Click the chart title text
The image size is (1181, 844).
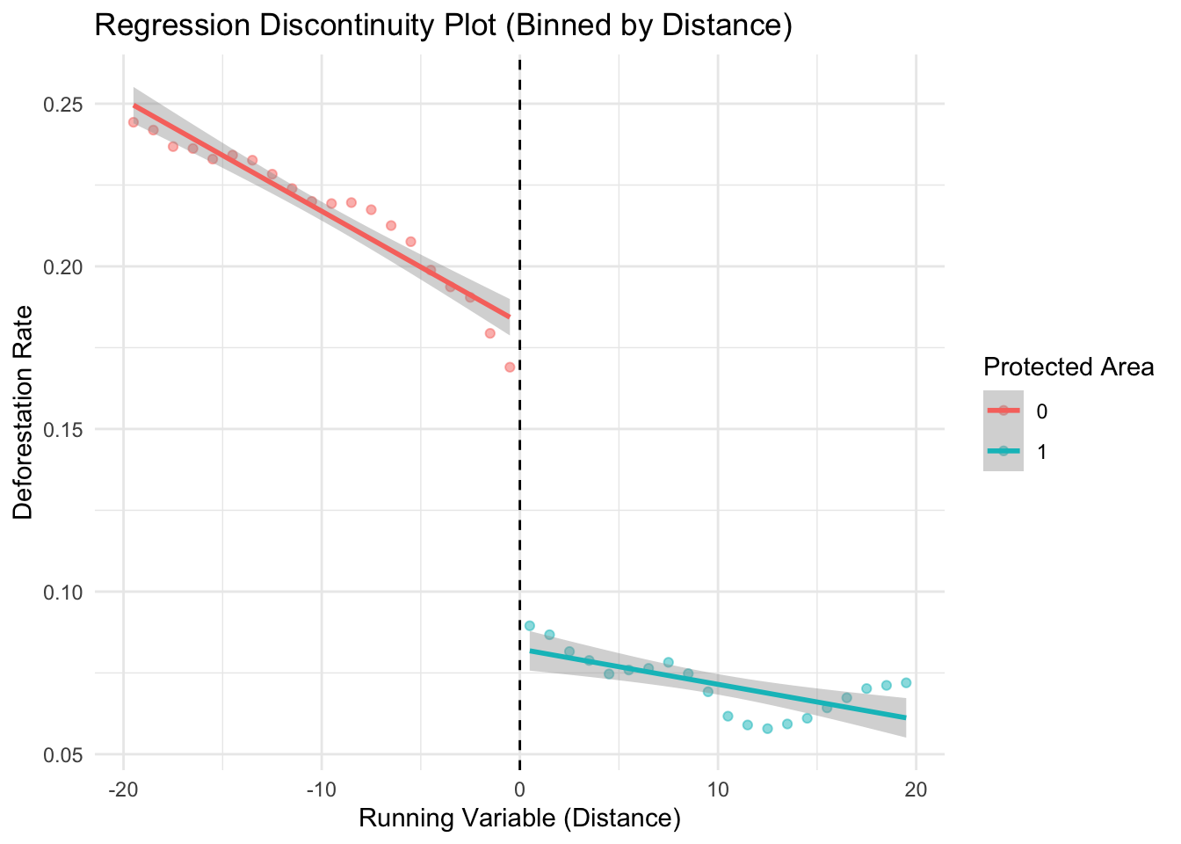pos(444,26)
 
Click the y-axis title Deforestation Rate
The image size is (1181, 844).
pos(24,412)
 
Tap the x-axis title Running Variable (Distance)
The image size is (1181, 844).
pos(520,819)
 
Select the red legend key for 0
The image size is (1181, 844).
pos(1003,411)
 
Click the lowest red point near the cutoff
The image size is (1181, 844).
pos(510,367)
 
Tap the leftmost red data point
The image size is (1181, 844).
pos(134,122)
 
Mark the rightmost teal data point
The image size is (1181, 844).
pos(906,682)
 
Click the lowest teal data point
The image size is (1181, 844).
pos(767,728)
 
